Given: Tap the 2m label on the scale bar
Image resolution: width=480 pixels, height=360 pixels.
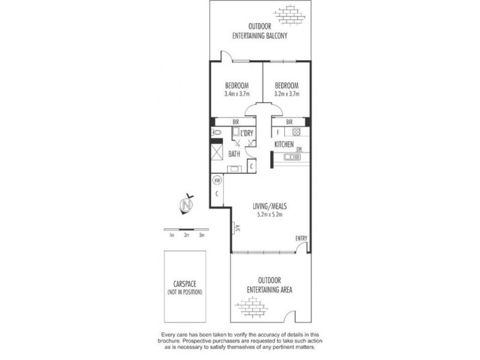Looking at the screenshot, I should [187, 235].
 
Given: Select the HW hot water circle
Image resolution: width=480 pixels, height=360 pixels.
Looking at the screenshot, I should [216, 179].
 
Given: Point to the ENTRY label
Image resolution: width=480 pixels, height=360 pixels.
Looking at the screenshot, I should [301, 238].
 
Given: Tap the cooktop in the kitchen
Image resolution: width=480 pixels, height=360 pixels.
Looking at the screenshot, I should [295, 132].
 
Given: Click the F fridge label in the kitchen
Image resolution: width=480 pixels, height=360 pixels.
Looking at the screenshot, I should [277, 132].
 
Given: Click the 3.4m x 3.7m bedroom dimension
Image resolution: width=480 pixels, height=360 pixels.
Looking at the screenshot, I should [236, 94].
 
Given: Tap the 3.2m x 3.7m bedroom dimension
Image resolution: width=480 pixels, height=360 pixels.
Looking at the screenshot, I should [286, 94].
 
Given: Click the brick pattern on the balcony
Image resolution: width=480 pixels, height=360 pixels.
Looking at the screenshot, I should [290, 13].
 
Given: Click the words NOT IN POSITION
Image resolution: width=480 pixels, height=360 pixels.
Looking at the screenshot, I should [184, 292].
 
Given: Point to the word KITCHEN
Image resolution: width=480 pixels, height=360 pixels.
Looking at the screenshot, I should [284, 146].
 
